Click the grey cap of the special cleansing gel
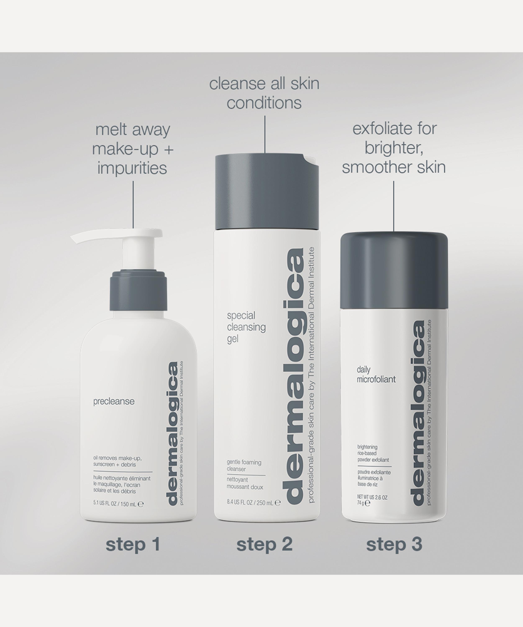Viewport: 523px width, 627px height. click(267, 191)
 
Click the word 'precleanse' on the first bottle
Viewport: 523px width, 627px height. click(114, 401)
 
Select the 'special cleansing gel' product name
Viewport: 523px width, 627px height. click(246, 327)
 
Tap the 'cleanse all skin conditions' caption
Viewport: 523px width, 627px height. click(264, 93)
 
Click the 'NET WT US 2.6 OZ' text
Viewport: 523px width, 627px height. click(372, 497)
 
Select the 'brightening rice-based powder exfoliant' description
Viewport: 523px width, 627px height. click(373, 453)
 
